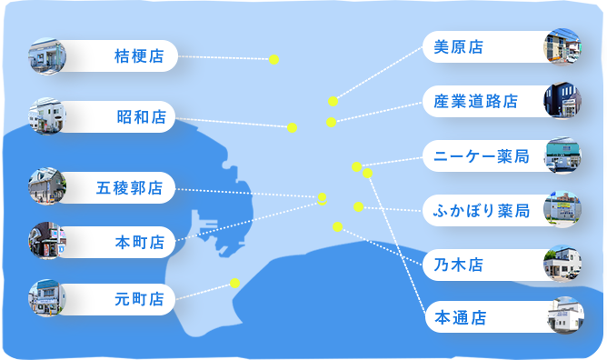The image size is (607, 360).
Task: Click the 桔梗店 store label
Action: point(139,56)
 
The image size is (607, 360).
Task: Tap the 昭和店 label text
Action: point(141,116)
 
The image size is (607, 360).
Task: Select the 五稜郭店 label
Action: point(129,189)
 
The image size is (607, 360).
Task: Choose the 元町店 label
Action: point(139,298)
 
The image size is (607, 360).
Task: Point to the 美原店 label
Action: point(458,45)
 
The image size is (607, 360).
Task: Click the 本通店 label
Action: point(461,317)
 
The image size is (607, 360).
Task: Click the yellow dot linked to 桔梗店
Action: point(274,60)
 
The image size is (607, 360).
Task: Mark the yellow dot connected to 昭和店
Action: point(292,127)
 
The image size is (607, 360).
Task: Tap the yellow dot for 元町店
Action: point(234,283)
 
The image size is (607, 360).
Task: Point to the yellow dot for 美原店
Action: point(333,101)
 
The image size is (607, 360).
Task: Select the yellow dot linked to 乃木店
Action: point(337,226)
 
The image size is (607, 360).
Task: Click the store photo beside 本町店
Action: point(47,242)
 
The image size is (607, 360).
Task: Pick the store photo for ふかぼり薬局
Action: point(562,210)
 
